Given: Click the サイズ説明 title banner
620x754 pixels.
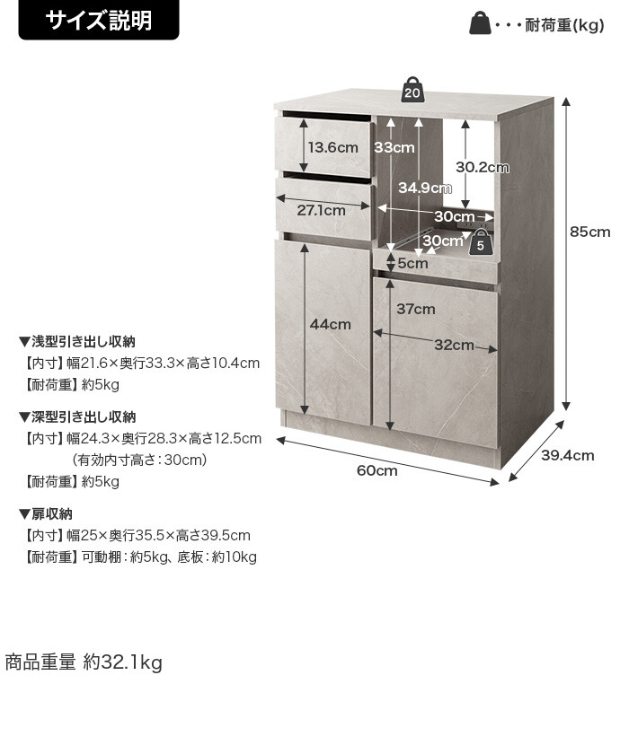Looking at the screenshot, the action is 99,20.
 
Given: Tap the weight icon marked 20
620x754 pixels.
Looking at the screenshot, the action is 412,90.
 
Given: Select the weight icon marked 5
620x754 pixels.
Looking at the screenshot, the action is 480,241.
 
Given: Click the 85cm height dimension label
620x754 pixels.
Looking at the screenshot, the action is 589,232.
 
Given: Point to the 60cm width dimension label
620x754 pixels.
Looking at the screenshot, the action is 376,470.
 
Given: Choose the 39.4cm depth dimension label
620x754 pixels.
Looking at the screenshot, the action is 568,455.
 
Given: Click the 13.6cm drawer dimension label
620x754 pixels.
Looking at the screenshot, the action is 333,147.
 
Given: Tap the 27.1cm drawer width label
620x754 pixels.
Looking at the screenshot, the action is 321,210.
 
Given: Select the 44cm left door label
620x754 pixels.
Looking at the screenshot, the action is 331,324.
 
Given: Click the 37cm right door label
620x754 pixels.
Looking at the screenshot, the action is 416,309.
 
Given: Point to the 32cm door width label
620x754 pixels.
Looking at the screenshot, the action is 454,345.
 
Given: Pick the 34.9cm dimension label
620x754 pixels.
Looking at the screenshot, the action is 424,188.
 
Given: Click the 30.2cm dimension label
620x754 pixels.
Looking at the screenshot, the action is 483,167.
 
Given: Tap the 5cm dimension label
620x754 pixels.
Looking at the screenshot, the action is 412,263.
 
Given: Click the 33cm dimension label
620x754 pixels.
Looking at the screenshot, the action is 394,147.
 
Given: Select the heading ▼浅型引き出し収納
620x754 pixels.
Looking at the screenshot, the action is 77,341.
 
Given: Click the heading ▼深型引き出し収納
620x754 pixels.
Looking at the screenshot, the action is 77,416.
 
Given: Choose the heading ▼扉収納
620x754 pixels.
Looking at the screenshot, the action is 46,514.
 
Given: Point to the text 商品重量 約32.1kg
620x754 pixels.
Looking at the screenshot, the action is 84,662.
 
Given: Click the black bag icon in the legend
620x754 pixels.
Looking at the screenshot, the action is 480,23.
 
